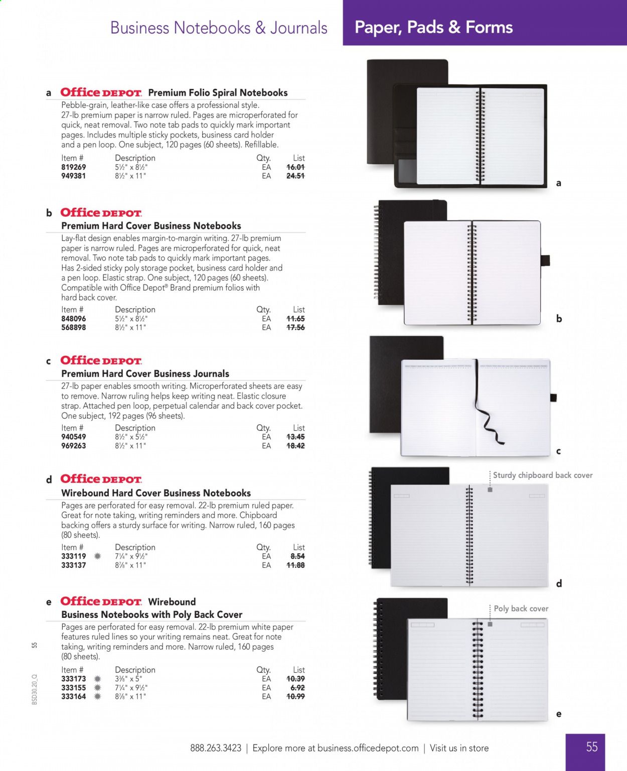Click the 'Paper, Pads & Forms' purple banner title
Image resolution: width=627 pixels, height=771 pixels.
pyautogui.click(x=433, y=27)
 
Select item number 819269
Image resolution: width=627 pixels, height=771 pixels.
pyautogui.click(x=73, y=167)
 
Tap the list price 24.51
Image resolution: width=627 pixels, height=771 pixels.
pyautogui.click(x=295, y=176)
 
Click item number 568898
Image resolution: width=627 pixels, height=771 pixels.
pyautogui.click(x=73, y=327)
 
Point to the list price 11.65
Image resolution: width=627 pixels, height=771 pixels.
pyautogui.click(x=295, y=319)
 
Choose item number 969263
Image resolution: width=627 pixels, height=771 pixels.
pyautogui.click(x=73, y=446)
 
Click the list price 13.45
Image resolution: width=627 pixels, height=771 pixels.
pyautogui.click(x=295, y=437)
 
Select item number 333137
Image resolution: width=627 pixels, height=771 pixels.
pyautogui.click(x=73, y=565)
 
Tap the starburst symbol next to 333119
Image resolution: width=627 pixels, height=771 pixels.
pyautogui.click(x=97, y=556)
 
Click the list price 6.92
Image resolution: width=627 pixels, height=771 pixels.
pyautogui.click(x=297, y=688)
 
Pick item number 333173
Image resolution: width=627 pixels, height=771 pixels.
pyautogui.click(x=73, y=679)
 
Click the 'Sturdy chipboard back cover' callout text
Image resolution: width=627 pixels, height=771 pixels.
pyautogui.click(x=542, y=475)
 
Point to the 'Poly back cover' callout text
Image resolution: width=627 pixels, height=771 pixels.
pyautogui.click(x=521, y=608)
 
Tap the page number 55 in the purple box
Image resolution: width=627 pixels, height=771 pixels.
pyautogui.click(x=592, y=747)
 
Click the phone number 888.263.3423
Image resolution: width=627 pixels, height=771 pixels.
pyautogui.click(x=216, y=748)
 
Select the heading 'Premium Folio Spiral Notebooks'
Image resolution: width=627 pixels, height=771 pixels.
pyautogui.click(x=218, y=93)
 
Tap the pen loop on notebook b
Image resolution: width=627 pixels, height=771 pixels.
pyautogui.click(x=545, y=261)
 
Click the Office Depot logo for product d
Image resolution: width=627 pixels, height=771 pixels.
pyautogui.click(x=101, y=479)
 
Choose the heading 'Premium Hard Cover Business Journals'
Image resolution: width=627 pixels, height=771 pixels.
pyautogui.click(x=145, y=373)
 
